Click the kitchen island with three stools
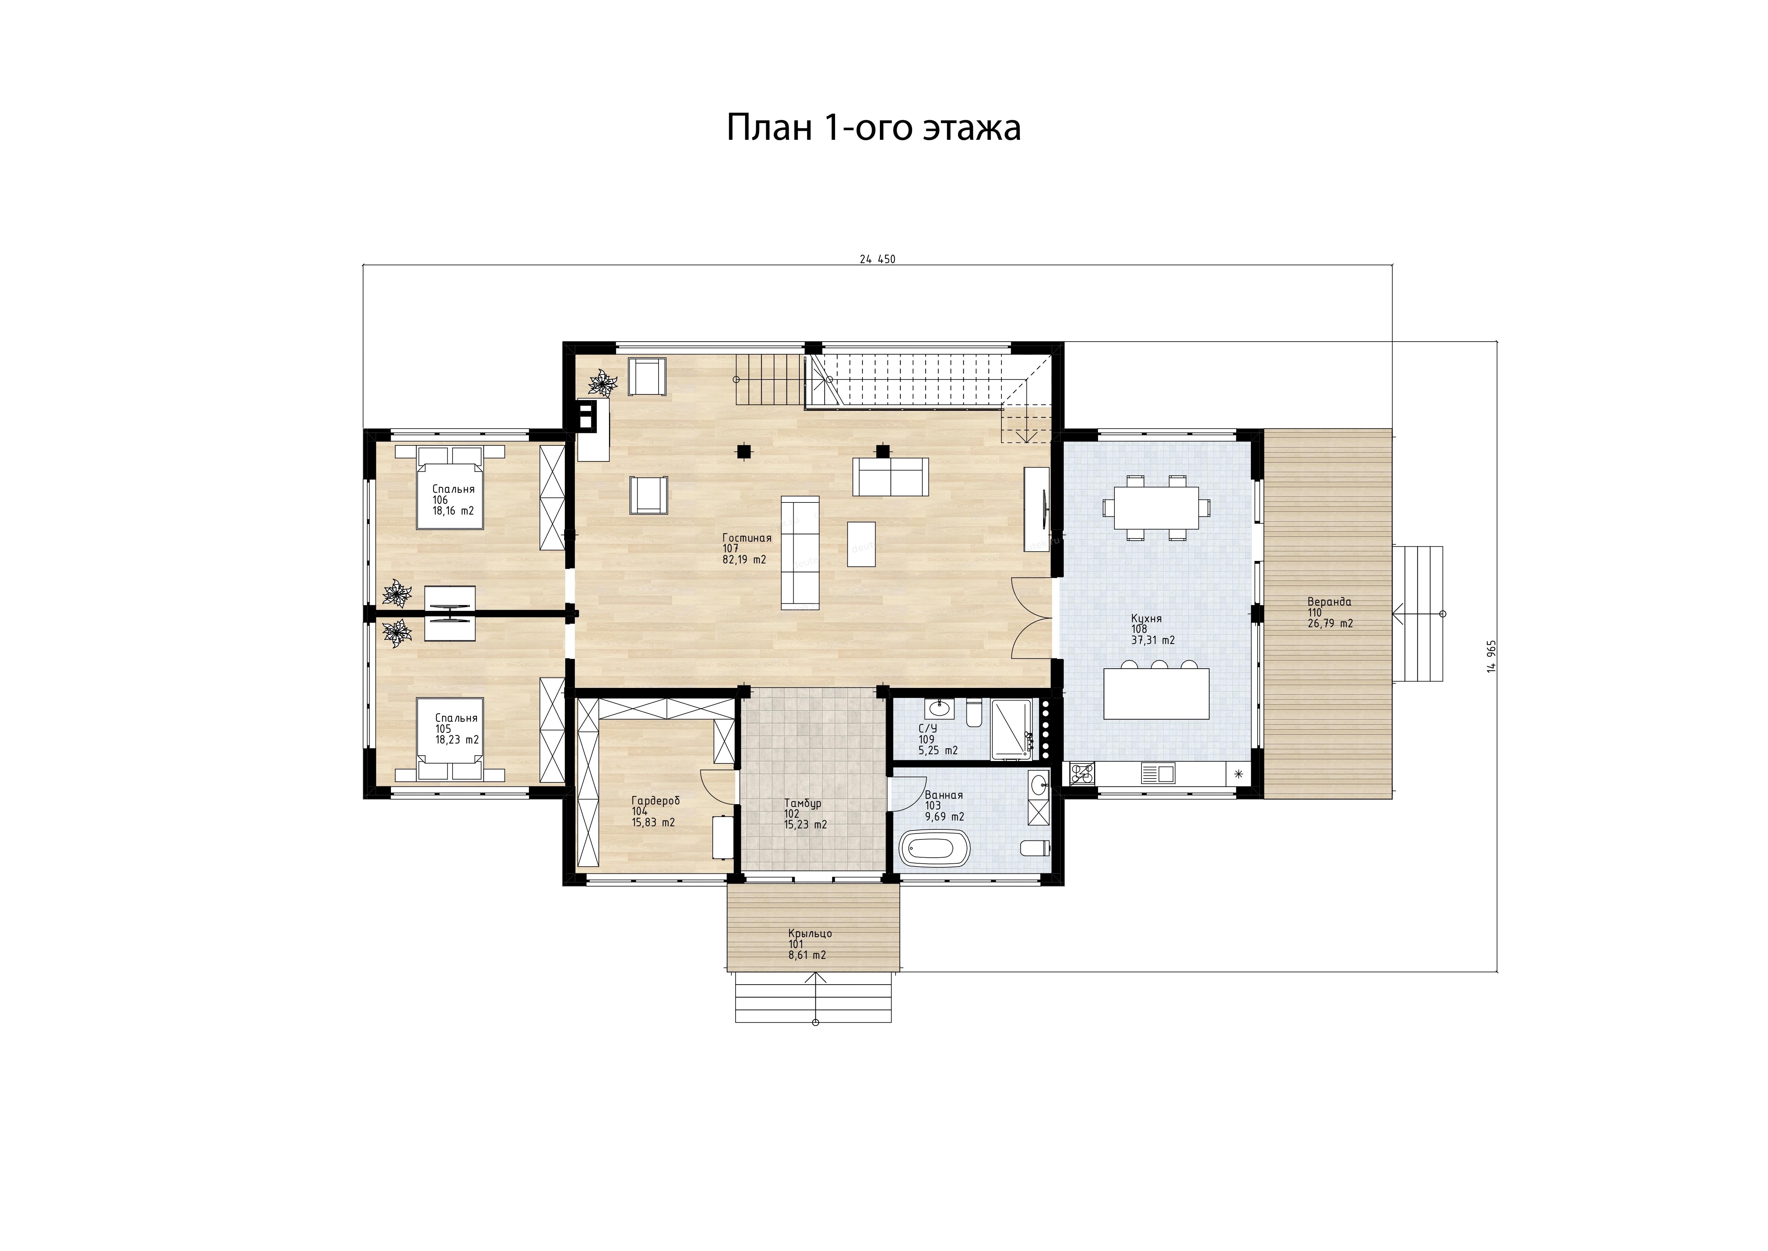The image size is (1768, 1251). pyautogui.click(x=1156, y=689)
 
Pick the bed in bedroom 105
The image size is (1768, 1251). pyautogui.click(x=450, y=740)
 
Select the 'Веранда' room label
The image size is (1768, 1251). pyautogui.click(x=1329, y=602)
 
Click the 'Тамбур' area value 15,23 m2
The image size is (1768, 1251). pyautogui.click(x=805, y=824)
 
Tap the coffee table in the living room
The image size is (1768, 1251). pyautogui.click(x=861, y=544)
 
